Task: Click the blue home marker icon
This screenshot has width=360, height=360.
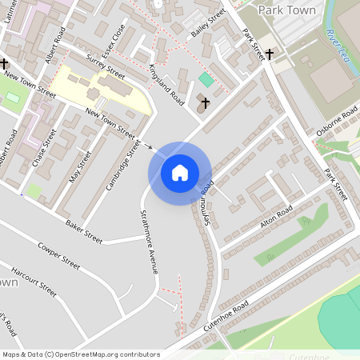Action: click(x=180, y=173)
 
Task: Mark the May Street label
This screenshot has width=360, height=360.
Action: click(x=76, y=163)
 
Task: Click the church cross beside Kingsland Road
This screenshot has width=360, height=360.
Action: click(x=205, y=103)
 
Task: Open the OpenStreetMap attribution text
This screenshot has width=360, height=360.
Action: click(x=80, y=354)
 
